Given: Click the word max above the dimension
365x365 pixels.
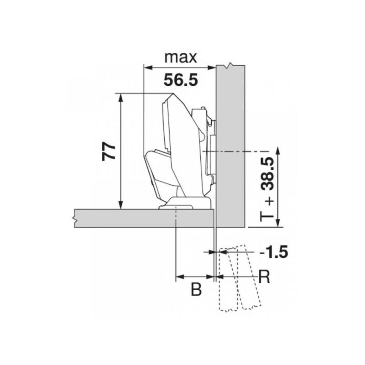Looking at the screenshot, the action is point(181,57).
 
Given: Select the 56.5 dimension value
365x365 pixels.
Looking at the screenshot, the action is point(181,80).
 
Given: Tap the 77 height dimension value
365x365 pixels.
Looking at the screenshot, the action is point(109,151).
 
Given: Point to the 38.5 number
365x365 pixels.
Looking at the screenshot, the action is point(268,173).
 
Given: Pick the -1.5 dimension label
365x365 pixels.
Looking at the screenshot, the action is point(274,252).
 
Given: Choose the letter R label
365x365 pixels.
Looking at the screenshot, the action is point(264,277).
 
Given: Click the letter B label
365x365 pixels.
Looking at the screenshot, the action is point(196,290).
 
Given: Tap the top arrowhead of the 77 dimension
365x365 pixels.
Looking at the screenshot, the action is point(120,98).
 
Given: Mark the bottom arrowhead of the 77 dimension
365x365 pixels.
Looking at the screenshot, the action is point(120,204).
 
